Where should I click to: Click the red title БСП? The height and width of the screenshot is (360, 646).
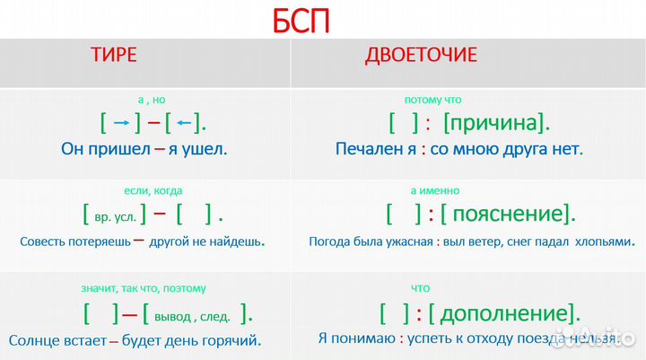click(301, 20)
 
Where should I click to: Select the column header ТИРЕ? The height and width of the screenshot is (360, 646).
click(113, 56)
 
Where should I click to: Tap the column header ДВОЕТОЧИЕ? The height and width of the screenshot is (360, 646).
click(421, 56)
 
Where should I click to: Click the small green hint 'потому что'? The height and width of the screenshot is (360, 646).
click(433, 100)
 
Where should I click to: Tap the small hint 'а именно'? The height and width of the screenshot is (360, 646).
click(435, 190)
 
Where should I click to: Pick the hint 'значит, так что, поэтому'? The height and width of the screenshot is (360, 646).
click(144, 288)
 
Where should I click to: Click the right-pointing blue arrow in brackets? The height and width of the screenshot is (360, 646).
click(121, 123)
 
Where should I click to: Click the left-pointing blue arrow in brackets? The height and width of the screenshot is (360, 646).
click(184, 123)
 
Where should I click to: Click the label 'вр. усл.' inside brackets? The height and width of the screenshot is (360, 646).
click(118, 216)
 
